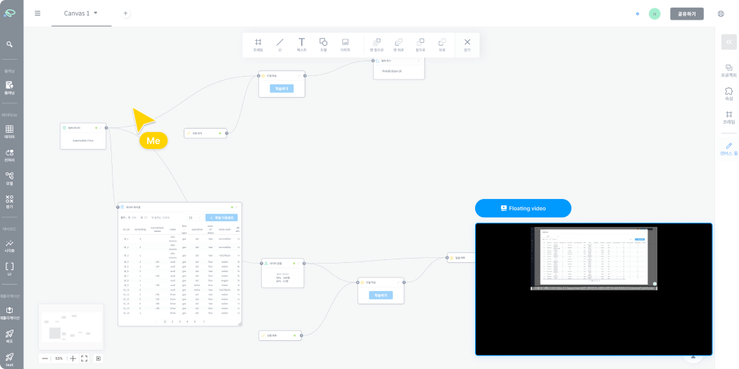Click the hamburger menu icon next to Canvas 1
(x=37, y=13)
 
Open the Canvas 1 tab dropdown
(x=96, y=13)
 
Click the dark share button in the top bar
(x=686, y=13)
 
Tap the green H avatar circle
(x=655, y=13)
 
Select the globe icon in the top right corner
(x=721, y=13)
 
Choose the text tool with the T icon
(x=301, y=43)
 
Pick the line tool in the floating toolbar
(x=279, y=43)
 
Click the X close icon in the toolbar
(x=467, y=43)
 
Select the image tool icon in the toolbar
(x=345, y=43)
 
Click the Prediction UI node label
(x=391, y=71)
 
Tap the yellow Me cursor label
(x=153, y=141)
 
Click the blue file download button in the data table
(x=222, y=218)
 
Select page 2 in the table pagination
(x=172, y=321)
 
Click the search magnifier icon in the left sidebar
(x=10, y=44)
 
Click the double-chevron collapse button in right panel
(x=728, y=41)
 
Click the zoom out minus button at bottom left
(x=45, y=358)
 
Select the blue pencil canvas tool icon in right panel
(x=728, y=146)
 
